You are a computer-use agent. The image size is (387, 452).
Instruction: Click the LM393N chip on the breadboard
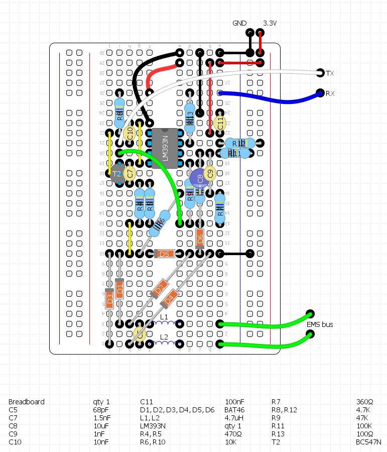pos(165,148)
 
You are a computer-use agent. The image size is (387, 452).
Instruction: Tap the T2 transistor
pos(117,173)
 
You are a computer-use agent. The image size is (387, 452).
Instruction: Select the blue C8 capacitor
pos(199,178)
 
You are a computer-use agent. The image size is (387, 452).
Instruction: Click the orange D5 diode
pos(164,254)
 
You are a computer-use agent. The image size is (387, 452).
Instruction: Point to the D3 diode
pos(109,300)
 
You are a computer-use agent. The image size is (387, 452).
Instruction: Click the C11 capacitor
pos(219,123)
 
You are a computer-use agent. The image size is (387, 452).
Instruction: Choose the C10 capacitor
pos(130,133)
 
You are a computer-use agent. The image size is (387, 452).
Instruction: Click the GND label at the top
pos(239,24)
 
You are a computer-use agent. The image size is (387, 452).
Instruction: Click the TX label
pos(330,74)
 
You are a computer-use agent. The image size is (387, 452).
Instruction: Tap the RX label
pos(330,94)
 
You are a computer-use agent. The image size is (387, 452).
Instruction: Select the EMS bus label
pos(320,324)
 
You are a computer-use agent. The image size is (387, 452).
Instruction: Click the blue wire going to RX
pos(271,99)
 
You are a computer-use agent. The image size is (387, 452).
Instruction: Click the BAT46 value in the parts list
pos(234,410)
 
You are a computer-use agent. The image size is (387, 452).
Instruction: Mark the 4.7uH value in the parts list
pos(234,418)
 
